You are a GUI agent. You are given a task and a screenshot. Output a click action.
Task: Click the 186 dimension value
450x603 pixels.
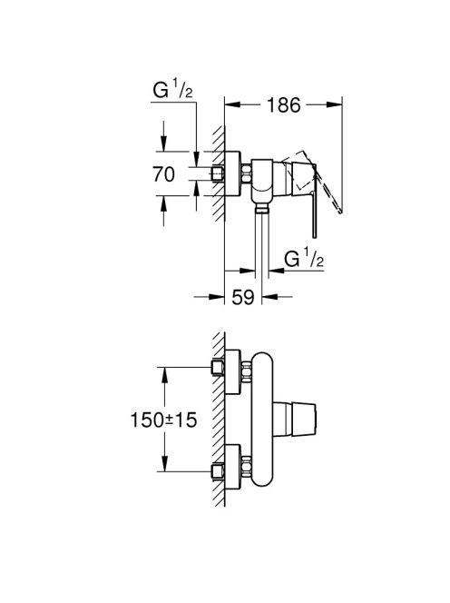click(283, 105)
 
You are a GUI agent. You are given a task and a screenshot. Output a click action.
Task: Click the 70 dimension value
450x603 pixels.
click(163, 174)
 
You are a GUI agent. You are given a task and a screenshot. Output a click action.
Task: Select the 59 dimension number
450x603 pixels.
click(243, 297)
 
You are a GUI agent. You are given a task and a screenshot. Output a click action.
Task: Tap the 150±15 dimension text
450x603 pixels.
click(163, 420)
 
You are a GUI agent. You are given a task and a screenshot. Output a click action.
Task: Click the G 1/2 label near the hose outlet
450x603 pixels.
click(304, 259)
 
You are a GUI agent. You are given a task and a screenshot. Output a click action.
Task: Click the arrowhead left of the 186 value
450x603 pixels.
click(232, 104)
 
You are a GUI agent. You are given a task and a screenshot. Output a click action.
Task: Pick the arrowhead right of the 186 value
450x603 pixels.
click(334, 104)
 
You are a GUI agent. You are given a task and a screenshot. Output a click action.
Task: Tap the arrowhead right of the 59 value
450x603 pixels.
click(269, 297)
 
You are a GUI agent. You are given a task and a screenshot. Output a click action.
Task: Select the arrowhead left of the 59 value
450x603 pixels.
click(216, 297)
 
